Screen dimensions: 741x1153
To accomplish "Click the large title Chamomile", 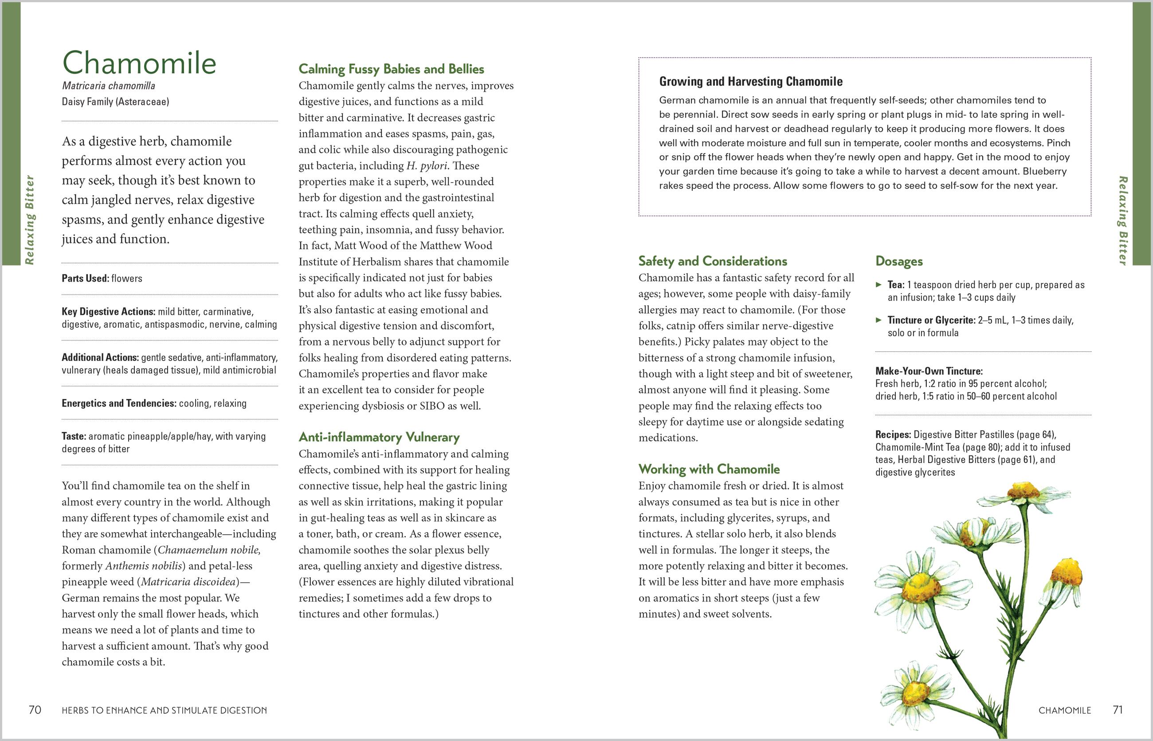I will (139, 63).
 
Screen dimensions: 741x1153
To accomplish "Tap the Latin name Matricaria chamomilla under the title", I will (108, 86).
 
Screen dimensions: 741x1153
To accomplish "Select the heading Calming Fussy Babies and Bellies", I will (391, 69).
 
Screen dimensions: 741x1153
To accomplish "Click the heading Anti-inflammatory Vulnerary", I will (379, 437).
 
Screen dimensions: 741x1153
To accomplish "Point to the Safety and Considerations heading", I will (712, 261).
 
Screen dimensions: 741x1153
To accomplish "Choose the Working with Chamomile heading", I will (709, 469).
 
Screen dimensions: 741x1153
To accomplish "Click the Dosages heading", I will (899, 261).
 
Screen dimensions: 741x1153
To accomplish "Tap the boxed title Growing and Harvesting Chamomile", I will (750, 82).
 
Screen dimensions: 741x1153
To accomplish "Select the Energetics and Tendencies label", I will (119, 403).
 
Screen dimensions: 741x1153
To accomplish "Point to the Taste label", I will (74, 436).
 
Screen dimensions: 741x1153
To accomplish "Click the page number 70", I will (35, 710).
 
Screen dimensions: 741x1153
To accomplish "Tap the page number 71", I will (1118, 710).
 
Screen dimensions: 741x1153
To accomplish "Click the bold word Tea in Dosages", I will (895, 285).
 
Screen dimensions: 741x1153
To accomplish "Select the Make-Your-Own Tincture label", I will (929, 371).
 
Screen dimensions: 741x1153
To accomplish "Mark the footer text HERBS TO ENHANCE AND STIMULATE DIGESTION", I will (164, 710).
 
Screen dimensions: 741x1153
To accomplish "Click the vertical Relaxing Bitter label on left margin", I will (30, 220).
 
